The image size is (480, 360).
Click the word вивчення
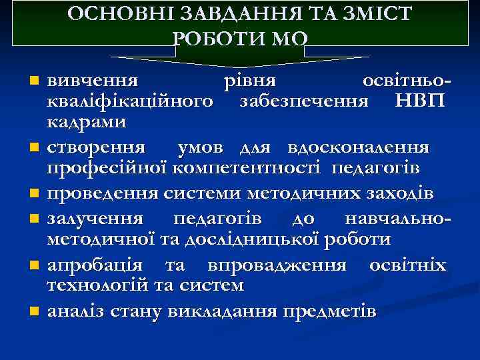(x=93, y=81)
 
